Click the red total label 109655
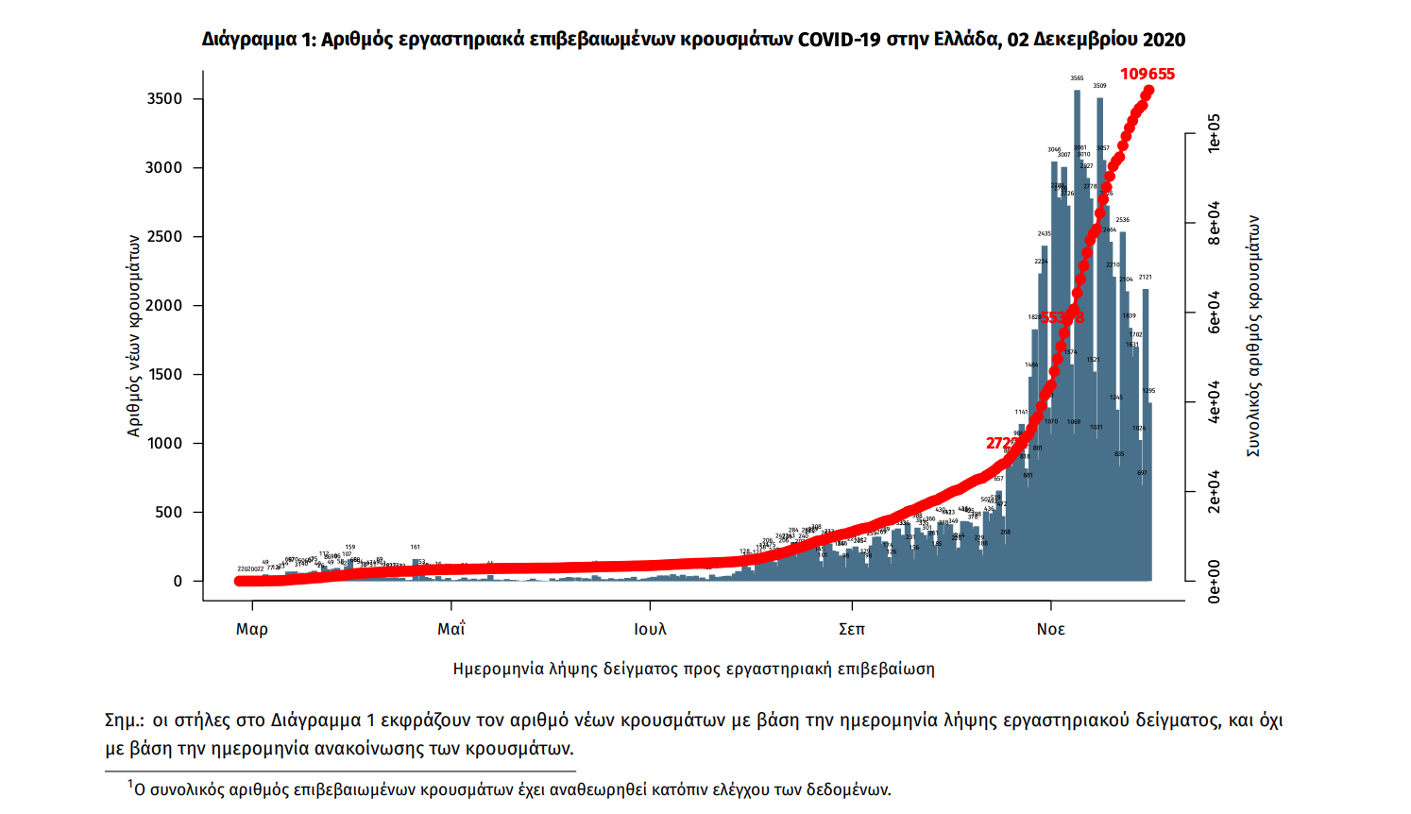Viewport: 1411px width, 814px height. tap(1147, 75)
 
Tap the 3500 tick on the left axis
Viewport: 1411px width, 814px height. tap(164, 99)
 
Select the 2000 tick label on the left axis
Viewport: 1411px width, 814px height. tap(164, 306)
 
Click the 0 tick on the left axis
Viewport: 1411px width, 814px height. tap(178, 582)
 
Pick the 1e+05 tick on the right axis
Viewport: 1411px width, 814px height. tap(1215, 132)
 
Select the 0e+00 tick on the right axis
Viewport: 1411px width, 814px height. tap(1215, 581)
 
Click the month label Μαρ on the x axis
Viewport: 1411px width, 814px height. tap(252, 630)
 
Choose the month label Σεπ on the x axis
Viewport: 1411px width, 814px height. tap(851, 630)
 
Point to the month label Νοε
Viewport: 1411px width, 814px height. tap(1050, 630)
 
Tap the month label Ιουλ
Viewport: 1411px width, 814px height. tap(650, 630)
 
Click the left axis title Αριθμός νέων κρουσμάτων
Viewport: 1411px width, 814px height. tap(134, 335)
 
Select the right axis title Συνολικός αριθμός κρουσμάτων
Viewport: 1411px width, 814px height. tap(1253, 335)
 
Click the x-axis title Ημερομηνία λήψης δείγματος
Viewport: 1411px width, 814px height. tap(693, 670)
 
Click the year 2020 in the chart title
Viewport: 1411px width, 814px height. tap(1164, 40)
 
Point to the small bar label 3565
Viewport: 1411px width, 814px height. tap(1077, 78)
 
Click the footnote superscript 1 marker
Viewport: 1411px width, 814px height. tap(130, 783)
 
